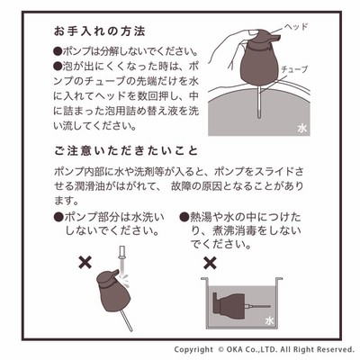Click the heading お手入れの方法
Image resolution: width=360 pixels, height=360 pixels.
pos(99,31)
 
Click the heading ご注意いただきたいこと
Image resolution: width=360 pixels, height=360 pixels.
pos(126,150)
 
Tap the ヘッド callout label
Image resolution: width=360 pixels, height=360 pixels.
pos(296,27)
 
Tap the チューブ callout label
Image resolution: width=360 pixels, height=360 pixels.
pos(294,69)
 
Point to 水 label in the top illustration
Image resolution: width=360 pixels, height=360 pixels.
pos(302,129)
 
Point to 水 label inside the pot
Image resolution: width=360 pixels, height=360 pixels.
pos(269,320)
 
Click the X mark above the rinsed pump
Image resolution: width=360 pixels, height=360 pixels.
pos(85,263)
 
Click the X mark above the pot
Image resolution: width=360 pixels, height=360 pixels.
pos(210,263)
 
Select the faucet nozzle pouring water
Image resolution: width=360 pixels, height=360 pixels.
pos(121,254)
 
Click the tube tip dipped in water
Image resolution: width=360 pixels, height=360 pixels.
pos(259,115)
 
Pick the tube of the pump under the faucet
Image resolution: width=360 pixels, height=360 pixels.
pos(125,320)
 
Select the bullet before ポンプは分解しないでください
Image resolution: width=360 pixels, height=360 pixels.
pos(58,51)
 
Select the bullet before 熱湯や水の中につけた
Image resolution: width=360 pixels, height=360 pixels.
pos(184,217)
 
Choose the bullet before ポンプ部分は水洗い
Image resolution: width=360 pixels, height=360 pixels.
pos(58,217)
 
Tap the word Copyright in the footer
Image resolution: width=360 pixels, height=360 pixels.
pos(193,350)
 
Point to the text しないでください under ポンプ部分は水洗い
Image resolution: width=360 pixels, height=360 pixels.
pos(112,231)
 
